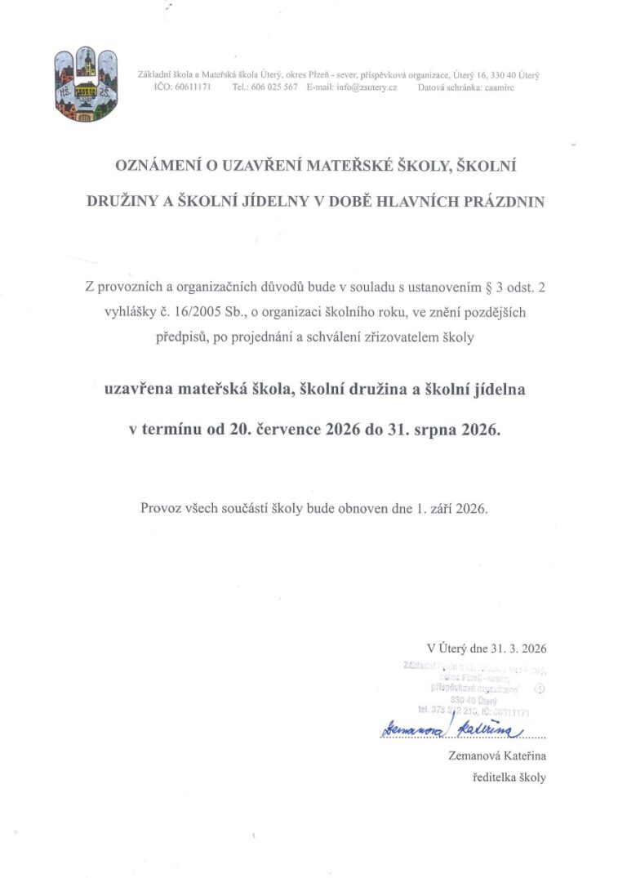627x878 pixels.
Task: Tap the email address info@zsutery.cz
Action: [x=367, y=87]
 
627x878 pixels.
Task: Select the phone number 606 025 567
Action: [x=273, y=87]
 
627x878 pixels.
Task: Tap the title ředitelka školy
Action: [x=509, y=778]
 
